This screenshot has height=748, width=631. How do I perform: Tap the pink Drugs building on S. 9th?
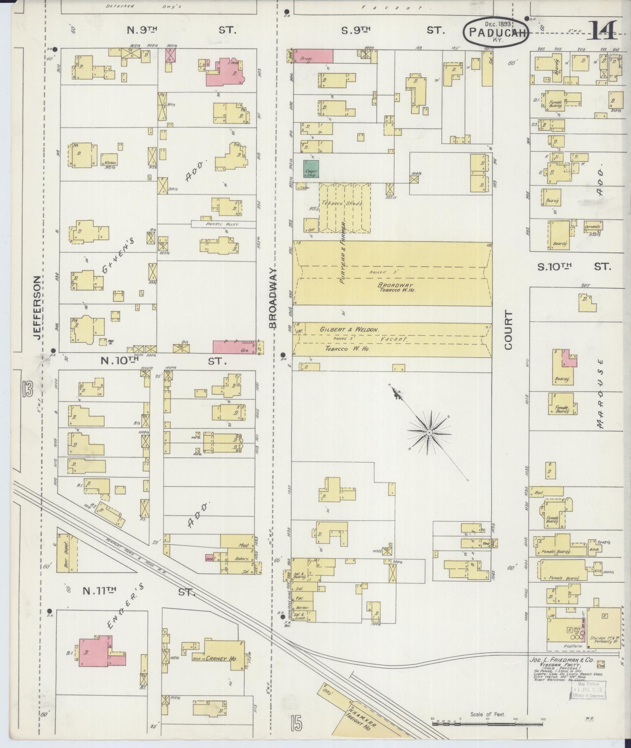pos(313,56)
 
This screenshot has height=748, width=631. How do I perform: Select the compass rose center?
pos(429,432)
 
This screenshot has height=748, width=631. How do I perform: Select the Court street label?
pos(508,330)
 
